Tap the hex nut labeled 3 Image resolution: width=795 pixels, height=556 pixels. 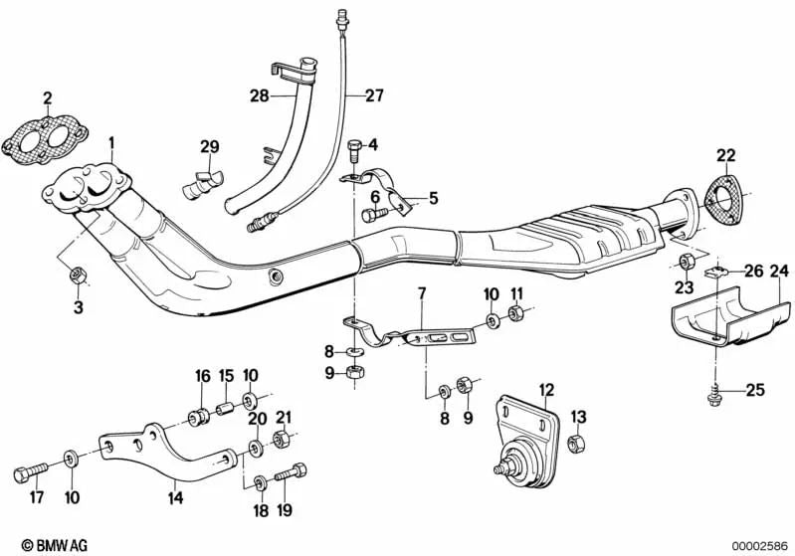coord(79,275)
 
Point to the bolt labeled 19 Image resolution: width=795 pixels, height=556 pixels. coord(288,474)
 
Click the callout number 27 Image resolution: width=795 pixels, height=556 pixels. coord(373,96)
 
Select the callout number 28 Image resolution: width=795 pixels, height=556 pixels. coord(260,96)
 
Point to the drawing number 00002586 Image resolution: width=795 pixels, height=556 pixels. coord(759,544)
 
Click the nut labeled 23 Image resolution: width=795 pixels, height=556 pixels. coord(686,263)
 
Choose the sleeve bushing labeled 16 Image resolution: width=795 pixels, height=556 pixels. coord(199,414)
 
